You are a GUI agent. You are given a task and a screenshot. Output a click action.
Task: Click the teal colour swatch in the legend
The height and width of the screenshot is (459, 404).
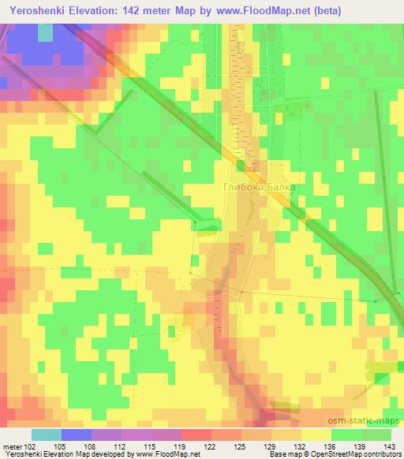pos(46,435)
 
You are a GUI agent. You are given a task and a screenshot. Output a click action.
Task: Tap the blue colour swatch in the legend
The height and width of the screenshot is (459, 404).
pos(76,435)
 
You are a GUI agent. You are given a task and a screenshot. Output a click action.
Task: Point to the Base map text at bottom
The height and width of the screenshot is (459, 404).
pos(283,455)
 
